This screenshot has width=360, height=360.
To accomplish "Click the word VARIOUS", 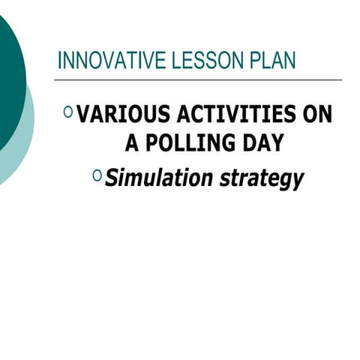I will tap(122, 115).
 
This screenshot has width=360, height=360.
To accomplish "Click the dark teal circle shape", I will tap(9, 82).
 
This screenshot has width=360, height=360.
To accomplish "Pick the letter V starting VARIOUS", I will tap(84, 115).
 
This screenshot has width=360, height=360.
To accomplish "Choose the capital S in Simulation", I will tap(112, 178).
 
